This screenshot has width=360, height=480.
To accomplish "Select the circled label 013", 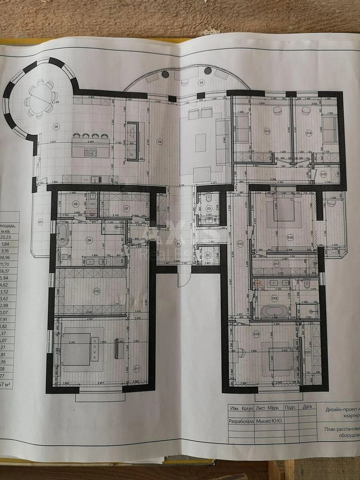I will click(267, 131).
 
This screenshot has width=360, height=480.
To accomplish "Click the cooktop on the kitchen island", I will click(90, 152).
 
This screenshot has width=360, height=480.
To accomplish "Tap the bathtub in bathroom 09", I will click(63, 235).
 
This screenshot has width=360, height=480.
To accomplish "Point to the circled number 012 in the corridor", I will click(240, 244).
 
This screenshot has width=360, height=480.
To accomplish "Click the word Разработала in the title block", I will click(241, 421).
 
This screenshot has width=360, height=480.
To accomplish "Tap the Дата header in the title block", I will click(307, 407).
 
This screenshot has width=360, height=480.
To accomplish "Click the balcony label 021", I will click(40, 222).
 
